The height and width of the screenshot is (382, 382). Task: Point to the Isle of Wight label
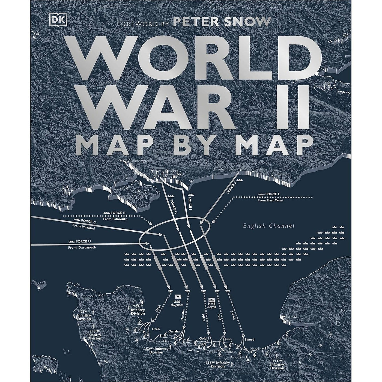139,194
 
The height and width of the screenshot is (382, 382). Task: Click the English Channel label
269,226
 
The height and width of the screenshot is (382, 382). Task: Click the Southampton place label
140,161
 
